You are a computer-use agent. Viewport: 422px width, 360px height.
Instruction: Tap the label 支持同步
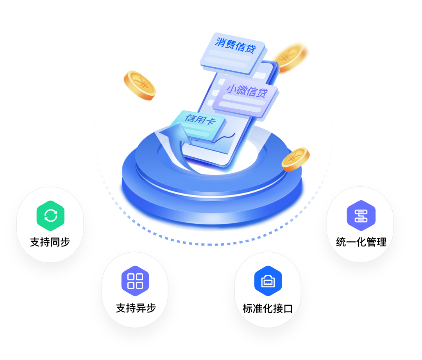coord(50,242)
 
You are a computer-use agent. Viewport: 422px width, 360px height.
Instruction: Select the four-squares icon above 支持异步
coord(135,281)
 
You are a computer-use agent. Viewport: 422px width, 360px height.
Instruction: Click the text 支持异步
coord(136,308)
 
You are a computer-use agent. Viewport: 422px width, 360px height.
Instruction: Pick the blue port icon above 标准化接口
coord(268,281)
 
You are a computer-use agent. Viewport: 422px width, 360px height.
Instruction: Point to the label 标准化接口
coord(268,308)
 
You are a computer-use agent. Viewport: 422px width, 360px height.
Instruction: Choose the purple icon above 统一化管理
coord(361,216)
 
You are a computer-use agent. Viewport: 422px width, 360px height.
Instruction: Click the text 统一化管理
coord(361,242)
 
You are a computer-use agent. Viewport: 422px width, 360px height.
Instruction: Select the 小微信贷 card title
coord(247,91)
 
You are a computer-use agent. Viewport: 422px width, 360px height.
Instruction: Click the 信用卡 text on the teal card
coord(200,120)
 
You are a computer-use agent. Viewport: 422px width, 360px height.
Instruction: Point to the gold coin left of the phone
coord(140,85)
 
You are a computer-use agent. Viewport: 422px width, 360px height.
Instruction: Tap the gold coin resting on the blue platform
coord(296,159)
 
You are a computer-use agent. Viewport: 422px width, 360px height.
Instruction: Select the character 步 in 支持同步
coord(65,242)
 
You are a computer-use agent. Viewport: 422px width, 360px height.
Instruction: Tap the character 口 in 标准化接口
coord(288,308)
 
